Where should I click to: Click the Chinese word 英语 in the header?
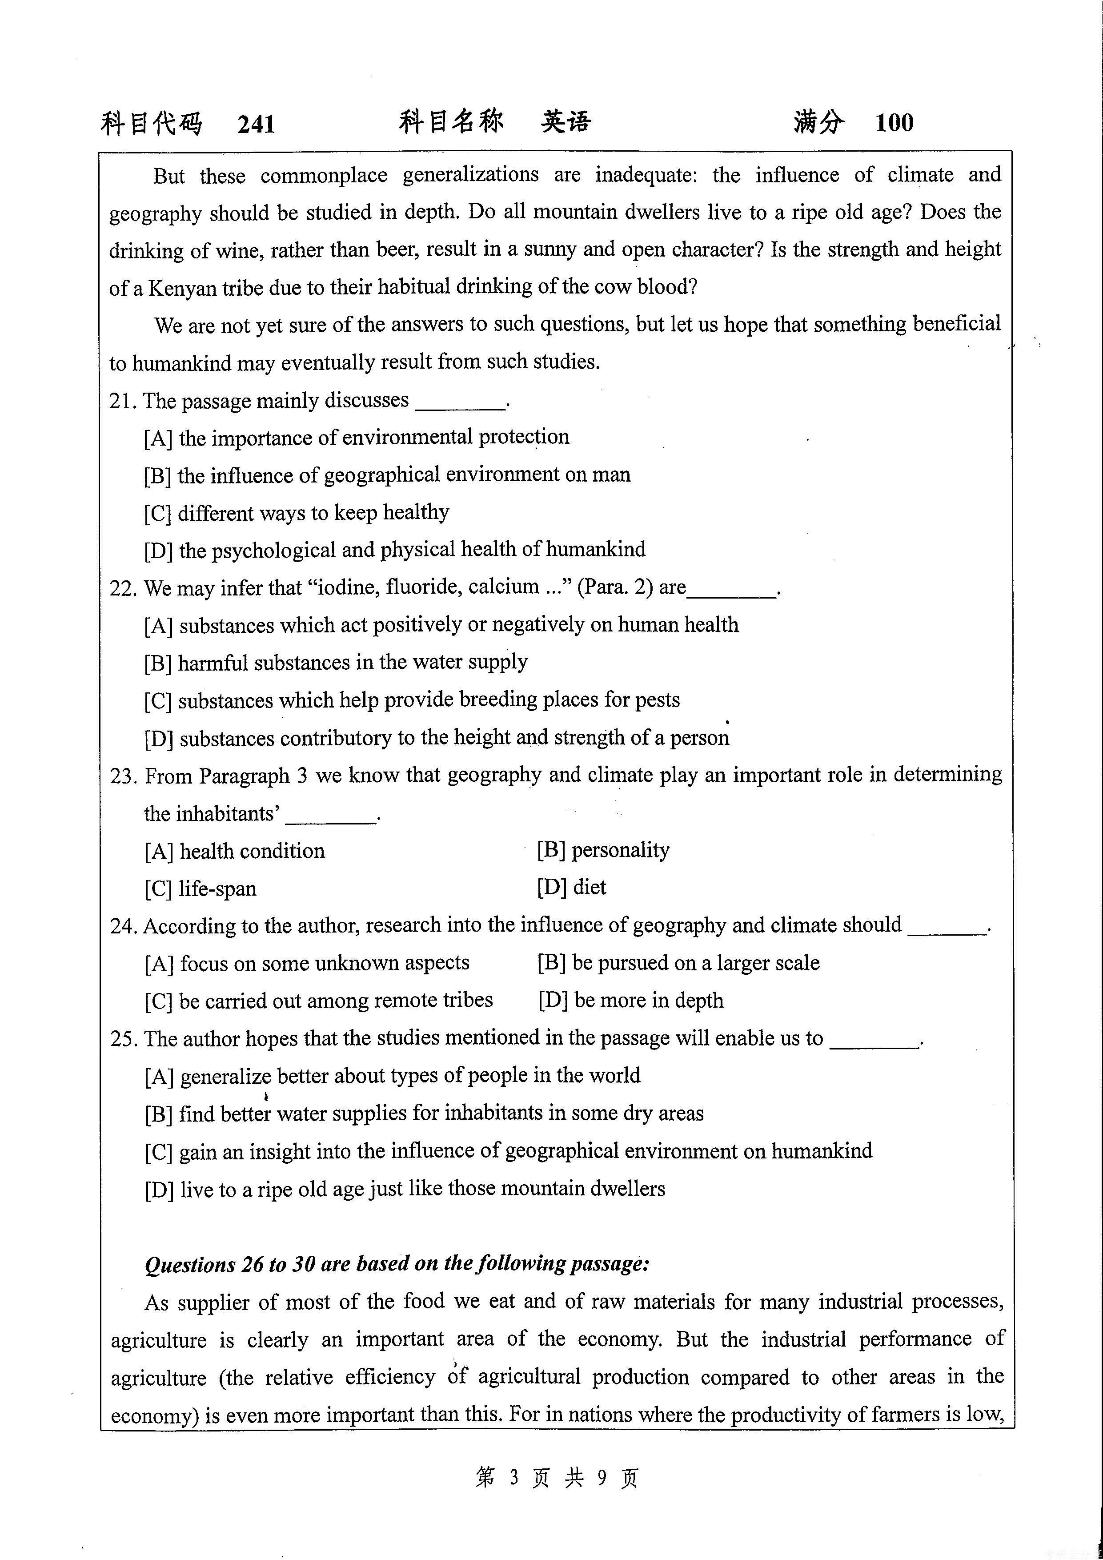[x=566, y=121]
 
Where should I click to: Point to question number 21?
[x=123, y=401]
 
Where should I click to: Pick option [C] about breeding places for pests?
[x=412, y=700]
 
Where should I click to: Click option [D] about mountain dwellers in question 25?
[x=405, y=1189]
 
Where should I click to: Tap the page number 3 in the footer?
[x=513, y=1476]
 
